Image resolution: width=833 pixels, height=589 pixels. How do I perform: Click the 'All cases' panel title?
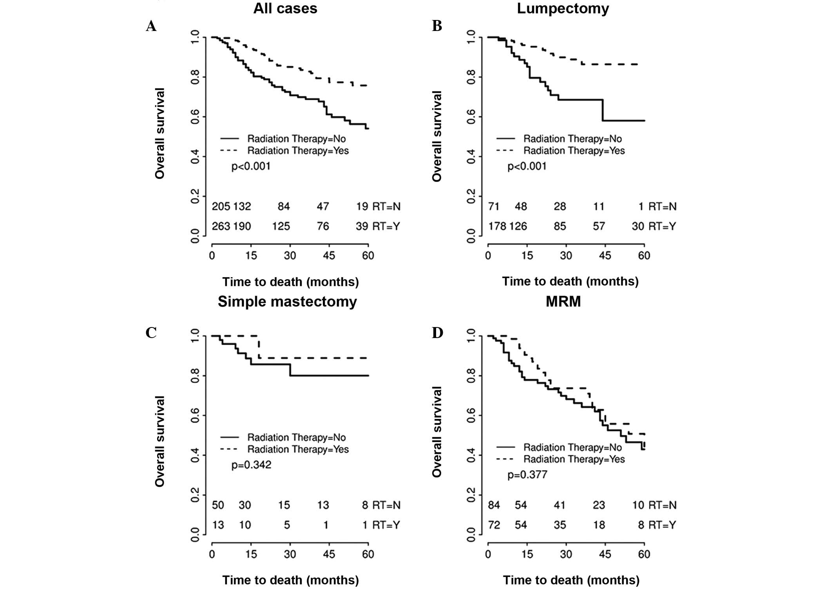(285, 9)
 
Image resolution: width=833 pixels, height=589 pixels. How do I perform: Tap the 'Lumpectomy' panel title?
(563, 9)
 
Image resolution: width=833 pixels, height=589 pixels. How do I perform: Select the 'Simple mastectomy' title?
(287, 302)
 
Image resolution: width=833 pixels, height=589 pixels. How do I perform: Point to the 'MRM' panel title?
(563, 302)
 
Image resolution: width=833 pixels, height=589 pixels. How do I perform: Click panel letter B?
(437, 26)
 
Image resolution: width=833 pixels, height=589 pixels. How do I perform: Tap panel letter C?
(151, 333)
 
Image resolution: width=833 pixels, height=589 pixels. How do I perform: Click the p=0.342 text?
(251, 465)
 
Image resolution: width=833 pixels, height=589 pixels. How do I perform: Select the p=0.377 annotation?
(527, 475)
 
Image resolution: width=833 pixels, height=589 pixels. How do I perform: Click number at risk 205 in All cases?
(221, 206)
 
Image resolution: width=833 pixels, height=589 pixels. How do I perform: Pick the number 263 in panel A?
(221, 226)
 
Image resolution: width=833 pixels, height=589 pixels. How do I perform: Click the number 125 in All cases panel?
(281, 226)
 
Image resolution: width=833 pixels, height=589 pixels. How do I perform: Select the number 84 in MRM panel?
(494, 505)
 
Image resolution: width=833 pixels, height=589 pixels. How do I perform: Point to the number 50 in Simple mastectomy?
(218, 505)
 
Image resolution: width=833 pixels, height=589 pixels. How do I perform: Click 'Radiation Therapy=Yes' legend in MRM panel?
(574, 459)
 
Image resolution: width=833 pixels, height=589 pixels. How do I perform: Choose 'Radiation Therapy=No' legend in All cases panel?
(296, 139)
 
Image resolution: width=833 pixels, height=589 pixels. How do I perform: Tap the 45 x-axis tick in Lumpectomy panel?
(605, 256)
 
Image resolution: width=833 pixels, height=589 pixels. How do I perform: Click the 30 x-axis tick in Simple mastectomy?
(290, 554)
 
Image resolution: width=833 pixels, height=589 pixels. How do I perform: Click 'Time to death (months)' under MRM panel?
(571, 580)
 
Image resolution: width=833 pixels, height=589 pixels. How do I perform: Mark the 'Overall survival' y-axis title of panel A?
(160, 134)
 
